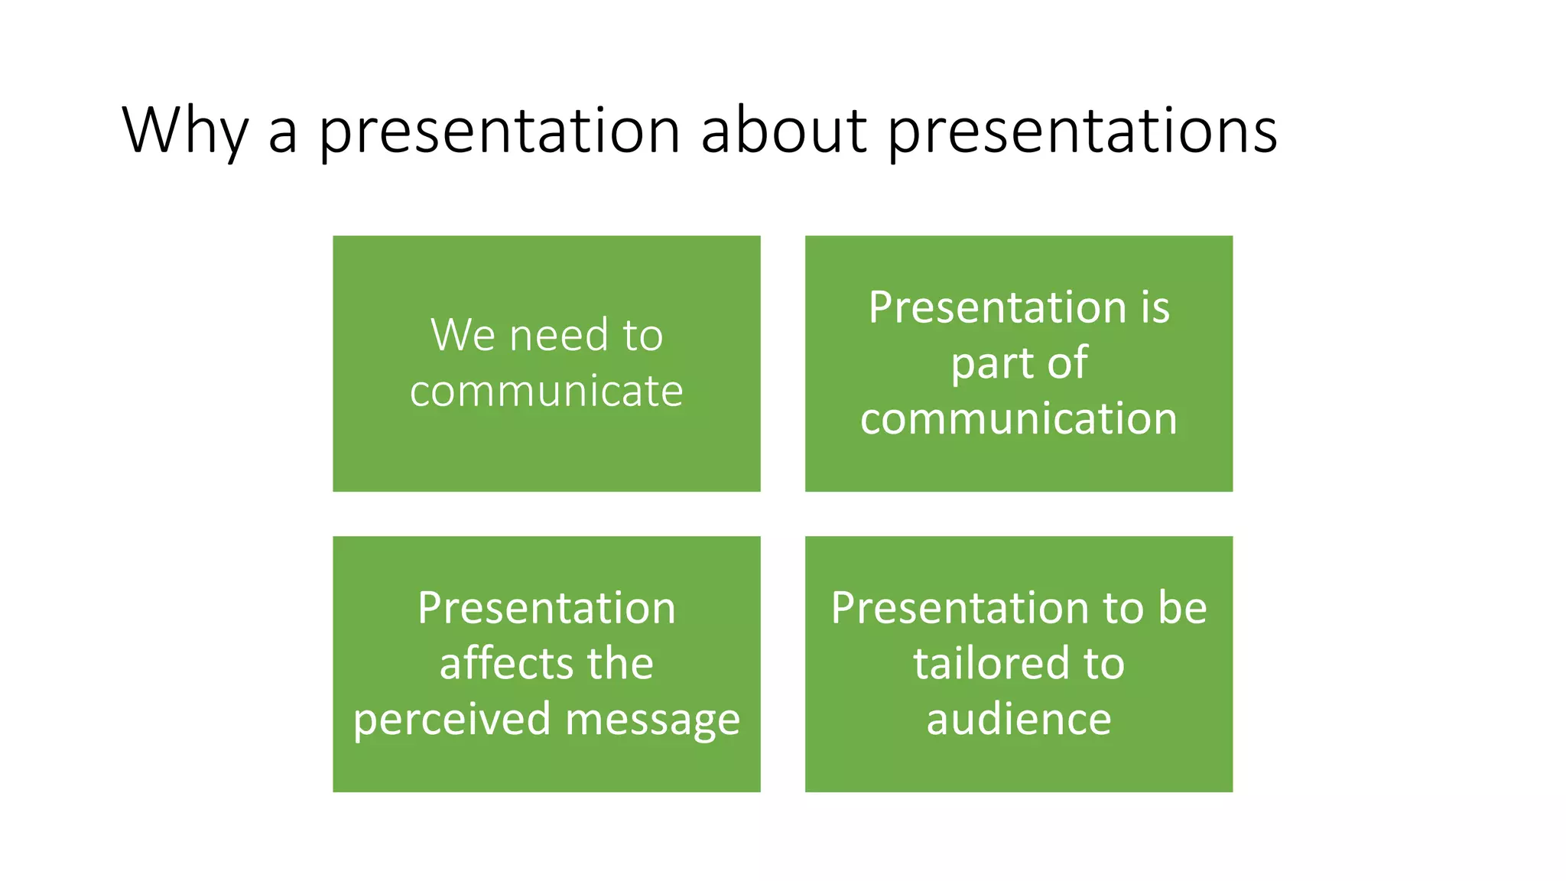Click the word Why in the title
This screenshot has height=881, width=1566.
(184, 132)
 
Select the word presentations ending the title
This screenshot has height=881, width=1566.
(1082, 132)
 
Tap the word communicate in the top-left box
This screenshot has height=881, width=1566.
(546, 392)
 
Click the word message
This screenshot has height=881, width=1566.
(653, 720)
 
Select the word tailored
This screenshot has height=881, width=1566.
(992, 663)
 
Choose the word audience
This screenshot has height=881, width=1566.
(1019, 719)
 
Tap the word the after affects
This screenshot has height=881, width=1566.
(620, 663)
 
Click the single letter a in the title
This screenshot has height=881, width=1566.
(283, 132)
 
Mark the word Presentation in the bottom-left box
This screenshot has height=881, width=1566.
(546, 608)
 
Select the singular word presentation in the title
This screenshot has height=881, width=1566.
(499, 132)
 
